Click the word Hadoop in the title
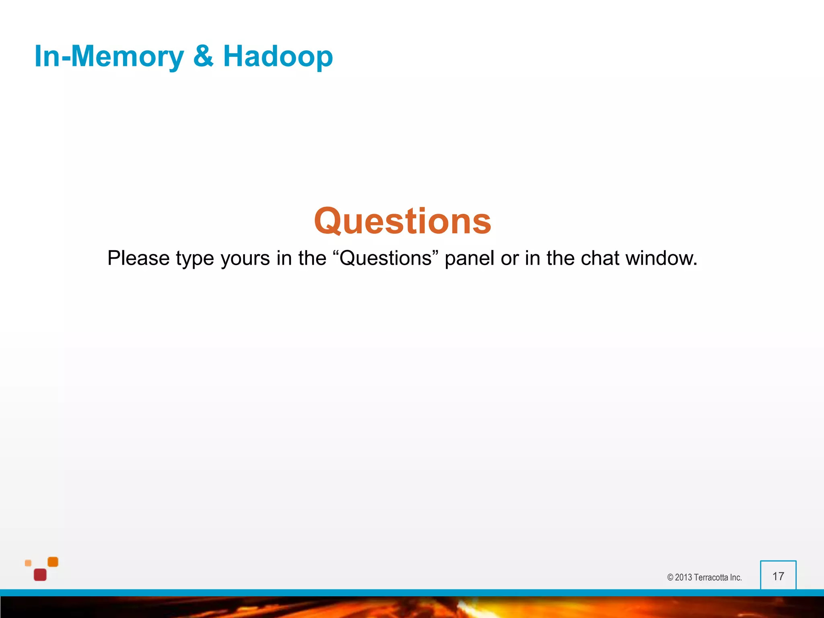click(278, 56)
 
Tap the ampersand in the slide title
click(203, 56)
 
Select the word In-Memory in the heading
click(109, 56)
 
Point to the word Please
click(138, 258)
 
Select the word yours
click(245, 258)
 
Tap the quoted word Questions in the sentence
click(385, 258)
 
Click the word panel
click(469, 258)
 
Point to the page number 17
click(778, 576)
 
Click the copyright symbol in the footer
click(670, 577)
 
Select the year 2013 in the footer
click(684, 577)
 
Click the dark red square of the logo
click(40, 575)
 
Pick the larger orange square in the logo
click(53, 562)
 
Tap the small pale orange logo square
click(28, 563)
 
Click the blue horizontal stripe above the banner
click(412, 593)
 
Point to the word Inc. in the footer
click(735, 577)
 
